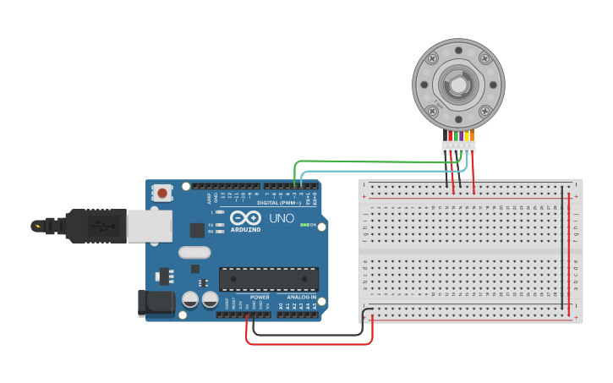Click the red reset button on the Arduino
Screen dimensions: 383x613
(161, 194)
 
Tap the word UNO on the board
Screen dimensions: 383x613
(281, 218)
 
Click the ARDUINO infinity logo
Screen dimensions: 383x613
(246, 216)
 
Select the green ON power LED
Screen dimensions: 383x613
(304, 224)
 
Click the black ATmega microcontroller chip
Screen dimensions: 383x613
(269, 279)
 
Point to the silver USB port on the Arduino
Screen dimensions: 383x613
(149, 226)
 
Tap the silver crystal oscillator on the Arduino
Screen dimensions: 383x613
(194, 252)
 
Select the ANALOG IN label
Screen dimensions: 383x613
(301, 298)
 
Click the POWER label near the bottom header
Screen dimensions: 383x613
(260, 298)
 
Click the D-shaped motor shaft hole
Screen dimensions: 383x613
(457, 85)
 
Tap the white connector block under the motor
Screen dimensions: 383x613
(458, 147)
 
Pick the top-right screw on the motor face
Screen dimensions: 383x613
(484, 58)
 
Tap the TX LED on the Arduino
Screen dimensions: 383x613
(219, 224)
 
